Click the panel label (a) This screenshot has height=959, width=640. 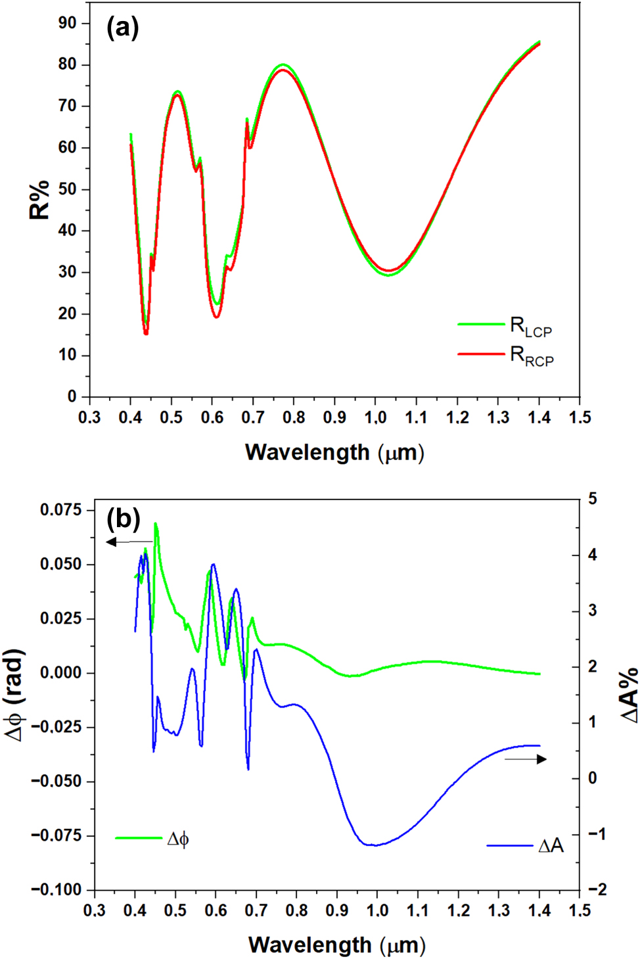[x=122, y=28]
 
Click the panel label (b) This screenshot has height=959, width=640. [x=124, y=519]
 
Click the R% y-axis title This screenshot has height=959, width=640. [x=39, y=200]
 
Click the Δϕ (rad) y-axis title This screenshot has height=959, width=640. [x=14, y=695]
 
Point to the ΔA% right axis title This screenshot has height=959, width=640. [x=629, y=695]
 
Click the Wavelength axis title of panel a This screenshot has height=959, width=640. [x=334, y=453]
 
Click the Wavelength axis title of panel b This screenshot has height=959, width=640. [x=336, y=945]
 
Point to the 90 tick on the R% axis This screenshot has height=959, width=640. [x=67, y=23]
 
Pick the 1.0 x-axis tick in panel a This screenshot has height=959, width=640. [x=375, y=417]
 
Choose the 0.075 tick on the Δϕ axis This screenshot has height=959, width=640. [x=61, y=510]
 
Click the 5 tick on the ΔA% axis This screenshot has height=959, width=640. [x=593, y=499]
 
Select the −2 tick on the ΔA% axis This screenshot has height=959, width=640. [x=597, y=889]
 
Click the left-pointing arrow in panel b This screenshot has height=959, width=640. [x=129, y=542]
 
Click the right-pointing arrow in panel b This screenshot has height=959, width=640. [x=526, y=759]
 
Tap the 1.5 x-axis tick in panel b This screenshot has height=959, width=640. [x=580, y=910]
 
